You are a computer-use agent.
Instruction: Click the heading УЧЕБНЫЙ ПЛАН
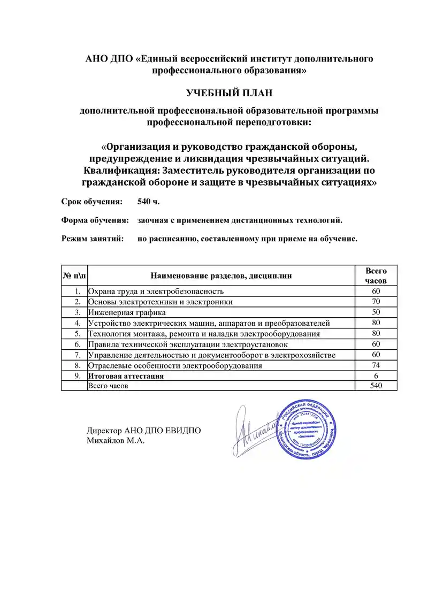click(229, 93)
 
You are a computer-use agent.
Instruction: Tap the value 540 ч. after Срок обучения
click(148, 202)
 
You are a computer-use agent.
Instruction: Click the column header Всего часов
click(376, 275)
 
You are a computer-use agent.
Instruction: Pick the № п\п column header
click(74, 276)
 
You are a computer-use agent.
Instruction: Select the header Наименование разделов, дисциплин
click(221, 276)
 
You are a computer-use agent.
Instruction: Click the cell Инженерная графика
click(127, 312)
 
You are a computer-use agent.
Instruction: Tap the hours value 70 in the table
click(376, 302)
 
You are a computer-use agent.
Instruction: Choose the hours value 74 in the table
click(376, 366)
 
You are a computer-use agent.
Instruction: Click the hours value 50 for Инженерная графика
click(376, 312)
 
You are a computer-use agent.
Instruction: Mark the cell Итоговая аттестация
click(126, 377)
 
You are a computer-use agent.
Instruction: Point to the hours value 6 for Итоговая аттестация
click(376, 377)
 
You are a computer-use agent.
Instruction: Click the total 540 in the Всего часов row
click(376, 386)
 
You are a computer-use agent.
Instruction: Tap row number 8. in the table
click(78, 366)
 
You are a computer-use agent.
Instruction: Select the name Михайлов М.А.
click(116, 441)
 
